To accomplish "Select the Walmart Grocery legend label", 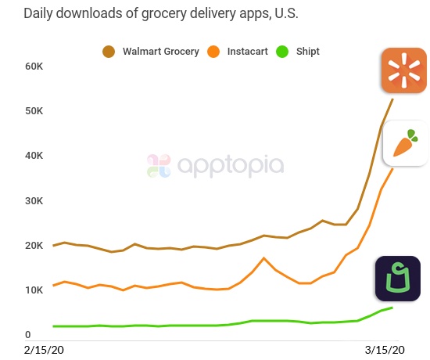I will pos(159,52).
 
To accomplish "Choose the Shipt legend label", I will pos(307,52).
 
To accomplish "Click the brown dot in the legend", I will pos(109,52).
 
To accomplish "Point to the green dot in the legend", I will pos(284,52).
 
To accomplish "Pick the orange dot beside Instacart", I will pos(213,52).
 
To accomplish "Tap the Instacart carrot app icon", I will pos(404,143).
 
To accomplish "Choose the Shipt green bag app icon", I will pos(398,279).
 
